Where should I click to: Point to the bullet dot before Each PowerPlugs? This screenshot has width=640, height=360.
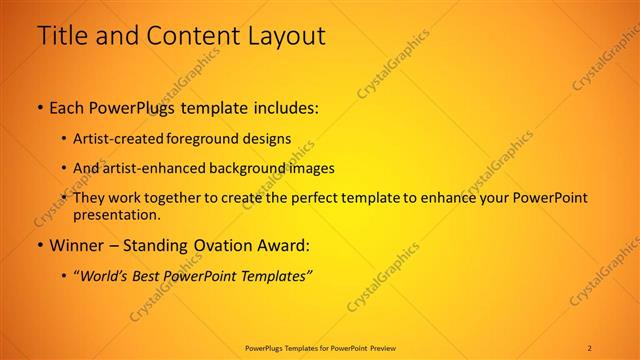pos(39,106)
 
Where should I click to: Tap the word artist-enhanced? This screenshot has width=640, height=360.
pos(148,169)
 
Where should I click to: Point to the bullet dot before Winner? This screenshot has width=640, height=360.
pos(39,244)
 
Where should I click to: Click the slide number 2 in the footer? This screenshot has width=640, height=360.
pos(589,347)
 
